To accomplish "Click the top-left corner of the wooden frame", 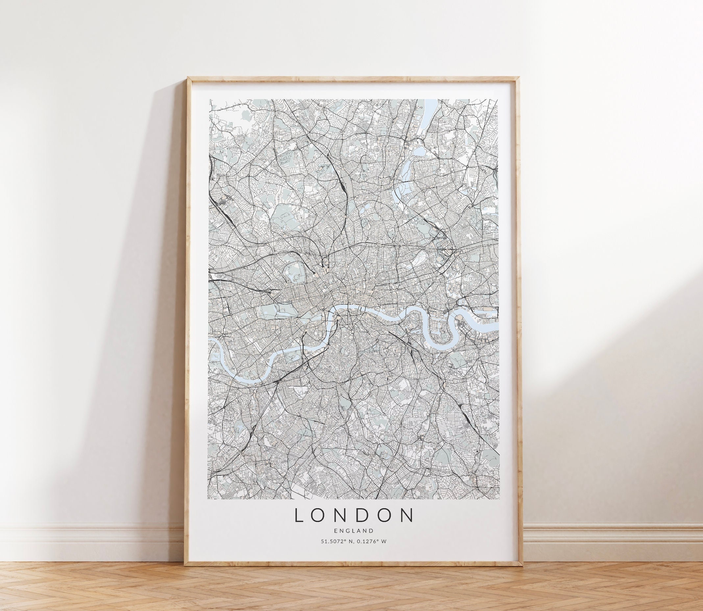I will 186,77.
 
